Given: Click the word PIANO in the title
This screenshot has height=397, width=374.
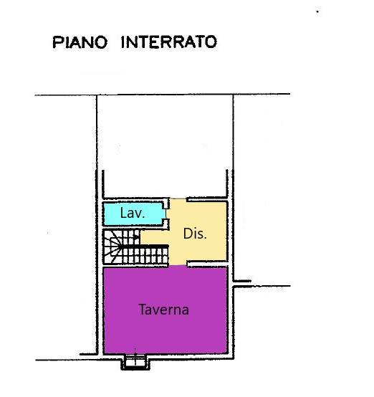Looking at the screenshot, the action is pyautogui.click(x=80, y=42).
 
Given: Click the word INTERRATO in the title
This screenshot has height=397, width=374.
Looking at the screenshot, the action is pyautogui.click(x=169, y=42).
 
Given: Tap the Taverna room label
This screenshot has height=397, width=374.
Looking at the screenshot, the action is pyautogui.click(x=164, y=309).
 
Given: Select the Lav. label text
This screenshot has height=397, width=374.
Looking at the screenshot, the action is pyautogui.click(x=133, y=213).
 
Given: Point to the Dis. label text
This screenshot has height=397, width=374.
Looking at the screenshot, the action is pyautogui.click(x=195, y=234).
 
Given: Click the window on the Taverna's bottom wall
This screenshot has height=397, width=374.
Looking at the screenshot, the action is pyautogui.click(x=135, y=362).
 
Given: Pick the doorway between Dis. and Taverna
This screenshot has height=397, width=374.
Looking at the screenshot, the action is pyautogui.click(x=178, y=265).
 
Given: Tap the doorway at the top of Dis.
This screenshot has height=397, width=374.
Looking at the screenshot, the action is pyautogui.click(x=178, y=199).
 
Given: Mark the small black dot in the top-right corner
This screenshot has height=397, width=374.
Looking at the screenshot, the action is pyautogui.click(x=317, y=11).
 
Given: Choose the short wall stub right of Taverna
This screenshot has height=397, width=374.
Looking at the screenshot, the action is pyautogui.click(x=242, y=281).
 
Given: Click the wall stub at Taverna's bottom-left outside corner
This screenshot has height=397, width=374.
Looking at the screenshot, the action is pyautogui.click(x=88, y=354).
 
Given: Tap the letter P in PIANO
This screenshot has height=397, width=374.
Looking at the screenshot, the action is pyautogui.click(x=57, y=42).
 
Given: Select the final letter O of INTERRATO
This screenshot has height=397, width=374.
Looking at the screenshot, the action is pyautogui.click(x=211, y=42).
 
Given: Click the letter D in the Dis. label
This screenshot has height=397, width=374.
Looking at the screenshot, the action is pyautogui.click(x=188, y=234).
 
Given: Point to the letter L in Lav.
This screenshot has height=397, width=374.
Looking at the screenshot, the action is pyautogui.click(x=123, y=213).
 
